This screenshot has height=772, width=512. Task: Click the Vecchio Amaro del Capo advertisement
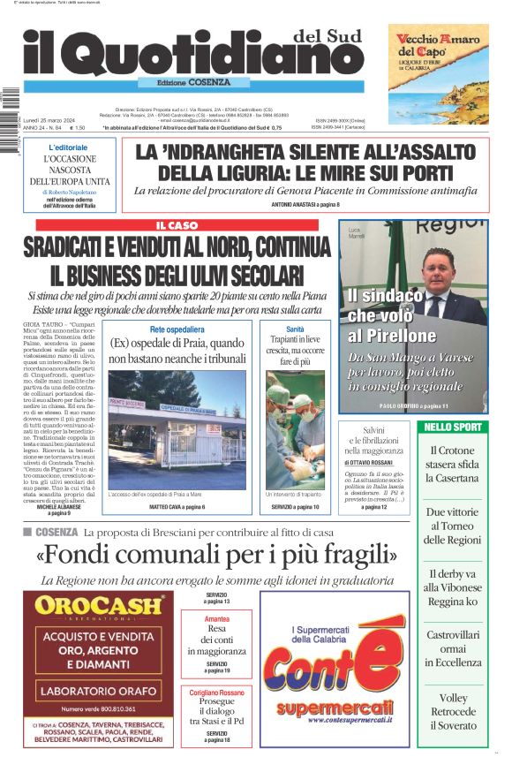438,73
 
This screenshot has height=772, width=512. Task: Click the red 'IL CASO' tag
177,226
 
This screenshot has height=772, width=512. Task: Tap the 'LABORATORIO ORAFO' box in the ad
99,689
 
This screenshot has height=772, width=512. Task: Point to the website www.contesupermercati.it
335,725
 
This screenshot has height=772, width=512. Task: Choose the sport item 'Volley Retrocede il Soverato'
453,710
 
